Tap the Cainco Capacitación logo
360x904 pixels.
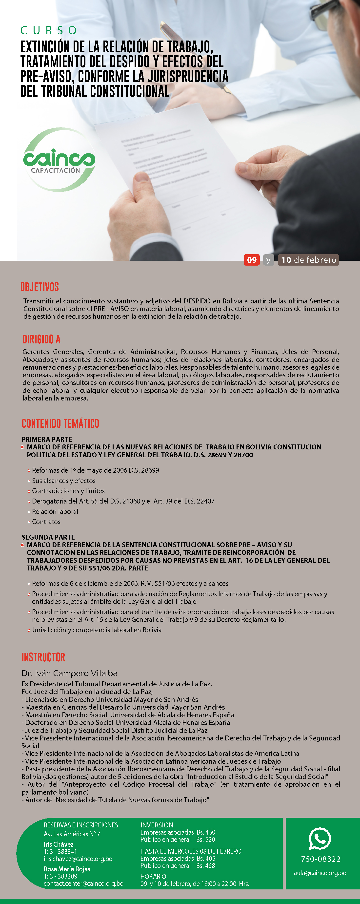59,160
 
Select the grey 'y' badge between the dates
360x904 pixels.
268,260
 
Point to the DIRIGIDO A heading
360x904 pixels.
41,339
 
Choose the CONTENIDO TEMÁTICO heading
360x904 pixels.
60,423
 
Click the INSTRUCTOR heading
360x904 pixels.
43,657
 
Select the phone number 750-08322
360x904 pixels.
321,859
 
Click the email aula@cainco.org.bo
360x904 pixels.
320,873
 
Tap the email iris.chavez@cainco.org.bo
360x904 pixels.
78,859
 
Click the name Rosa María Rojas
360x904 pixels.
67,869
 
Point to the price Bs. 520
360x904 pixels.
206,840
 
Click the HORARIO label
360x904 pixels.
153,876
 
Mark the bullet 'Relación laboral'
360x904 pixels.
55,512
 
